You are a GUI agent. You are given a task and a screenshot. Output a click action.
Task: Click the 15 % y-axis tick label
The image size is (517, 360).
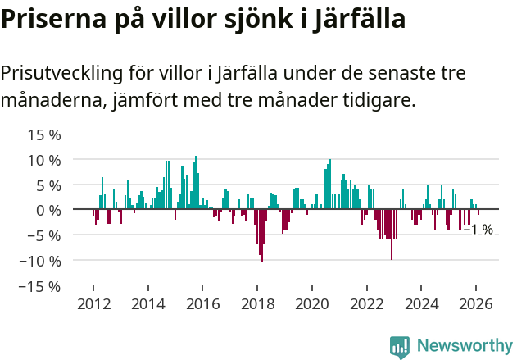coord(43,134)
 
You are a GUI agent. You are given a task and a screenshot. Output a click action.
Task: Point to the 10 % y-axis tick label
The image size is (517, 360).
coord(43,160)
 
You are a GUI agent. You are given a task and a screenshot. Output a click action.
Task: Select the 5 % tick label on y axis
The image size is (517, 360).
coord(48,185)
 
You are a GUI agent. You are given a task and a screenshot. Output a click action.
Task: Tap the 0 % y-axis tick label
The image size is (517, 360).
coord(48,211)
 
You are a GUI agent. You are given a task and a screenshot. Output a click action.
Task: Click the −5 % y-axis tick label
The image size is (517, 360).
coord(43,236)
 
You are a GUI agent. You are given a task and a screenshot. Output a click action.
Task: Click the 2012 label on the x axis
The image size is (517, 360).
coord(93,303)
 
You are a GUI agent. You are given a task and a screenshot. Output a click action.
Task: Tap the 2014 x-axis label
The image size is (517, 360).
coord(148,303)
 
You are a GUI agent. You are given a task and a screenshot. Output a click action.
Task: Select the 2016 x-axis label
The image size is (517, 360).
coord(202,303)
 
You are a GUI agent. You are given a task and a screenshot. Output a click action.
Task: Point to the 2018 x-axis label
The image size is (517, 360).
coord(257,303)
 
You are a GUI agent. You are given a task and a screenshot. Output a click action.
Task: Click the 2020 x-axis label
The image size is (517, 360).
coord(312,303)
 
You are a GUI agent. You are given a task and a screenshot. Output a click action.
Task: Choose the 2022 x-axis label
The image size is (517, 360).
coord(366,303)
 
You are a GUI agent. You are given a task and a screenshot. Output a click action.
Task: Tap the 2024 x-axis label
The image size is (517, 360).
coord(421,303)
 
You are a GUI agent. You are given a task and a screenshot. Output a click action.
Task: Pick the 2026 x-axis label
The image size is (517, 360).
coord(476,303)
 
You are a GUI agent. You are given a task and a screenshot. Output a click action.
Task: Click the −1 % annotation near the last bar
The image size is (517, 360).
coord(478,230)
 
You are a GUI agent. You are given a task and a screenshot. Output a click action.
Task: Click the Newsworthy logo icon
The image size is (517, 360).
coord(400,347)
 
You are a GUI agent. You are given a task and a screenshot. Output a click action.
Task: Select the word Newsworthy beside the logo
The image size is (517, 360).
coord(465,347)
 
